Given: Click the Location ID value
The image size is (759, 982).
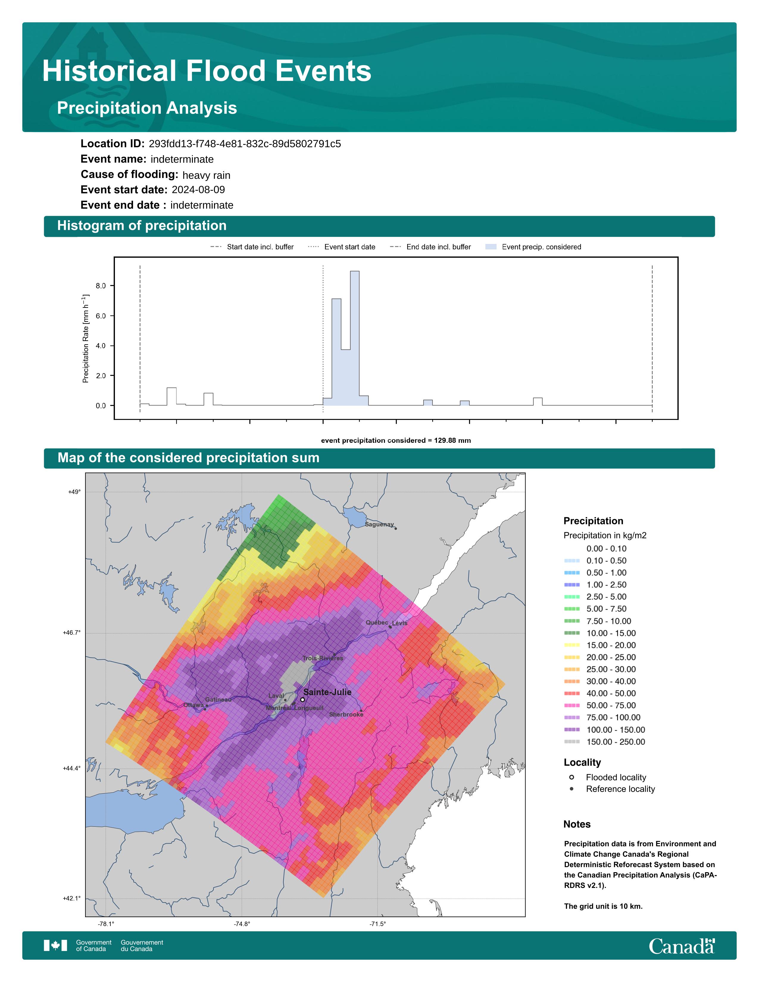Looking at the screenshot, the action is tap(245, 144).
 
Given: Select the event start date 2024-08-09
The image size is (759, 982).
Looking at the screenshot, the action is tap(198, 190).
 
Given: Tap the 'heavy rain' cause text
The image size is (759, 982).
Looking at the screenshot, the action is tap(206, 175).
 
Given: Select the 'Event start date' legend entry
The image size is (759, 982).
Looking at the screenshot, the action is tap(342, 247).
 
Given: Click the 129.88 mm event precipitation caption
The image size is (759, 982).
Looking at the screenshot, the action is tap(396, 441).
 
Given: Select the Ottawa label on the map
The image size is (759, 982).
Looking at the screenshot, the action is tap(193, 705).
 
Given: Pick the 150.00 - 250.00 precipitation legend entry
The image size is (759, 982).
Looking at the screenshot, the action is tap(605, 742).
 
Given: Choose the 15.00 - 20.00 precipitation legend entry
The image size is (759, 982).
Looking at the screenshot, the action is tap(600, 645).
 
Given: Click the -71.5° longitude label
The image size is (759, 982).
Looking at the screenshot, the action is tap(378, 924).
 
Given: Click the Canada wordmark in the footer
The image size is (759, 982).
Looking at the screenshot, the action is tap(682, 946).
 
